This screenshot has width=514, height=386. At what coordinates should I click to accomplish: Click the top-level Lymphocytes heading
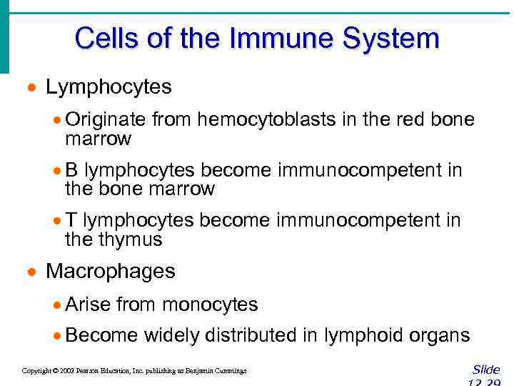point(109,87)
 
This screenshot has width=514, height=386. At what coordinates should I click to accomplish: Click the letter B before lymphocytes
point(71,170)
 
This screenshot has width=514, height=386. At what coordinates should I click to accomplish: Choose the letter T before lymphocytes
point(71,221)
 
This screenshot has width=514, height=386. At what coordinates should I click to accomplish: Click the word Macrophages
point(110,272)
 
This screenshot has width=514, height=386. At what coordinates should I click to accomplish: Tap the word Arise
point(88,305)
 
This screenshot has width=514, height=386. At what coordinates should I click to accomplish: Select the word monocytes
point(210,305)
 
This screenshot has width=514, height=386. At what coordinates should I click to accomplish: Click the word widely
point(171,335)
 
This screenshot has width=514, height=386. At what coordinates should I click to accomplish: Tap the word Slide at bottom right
point(486,370)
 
